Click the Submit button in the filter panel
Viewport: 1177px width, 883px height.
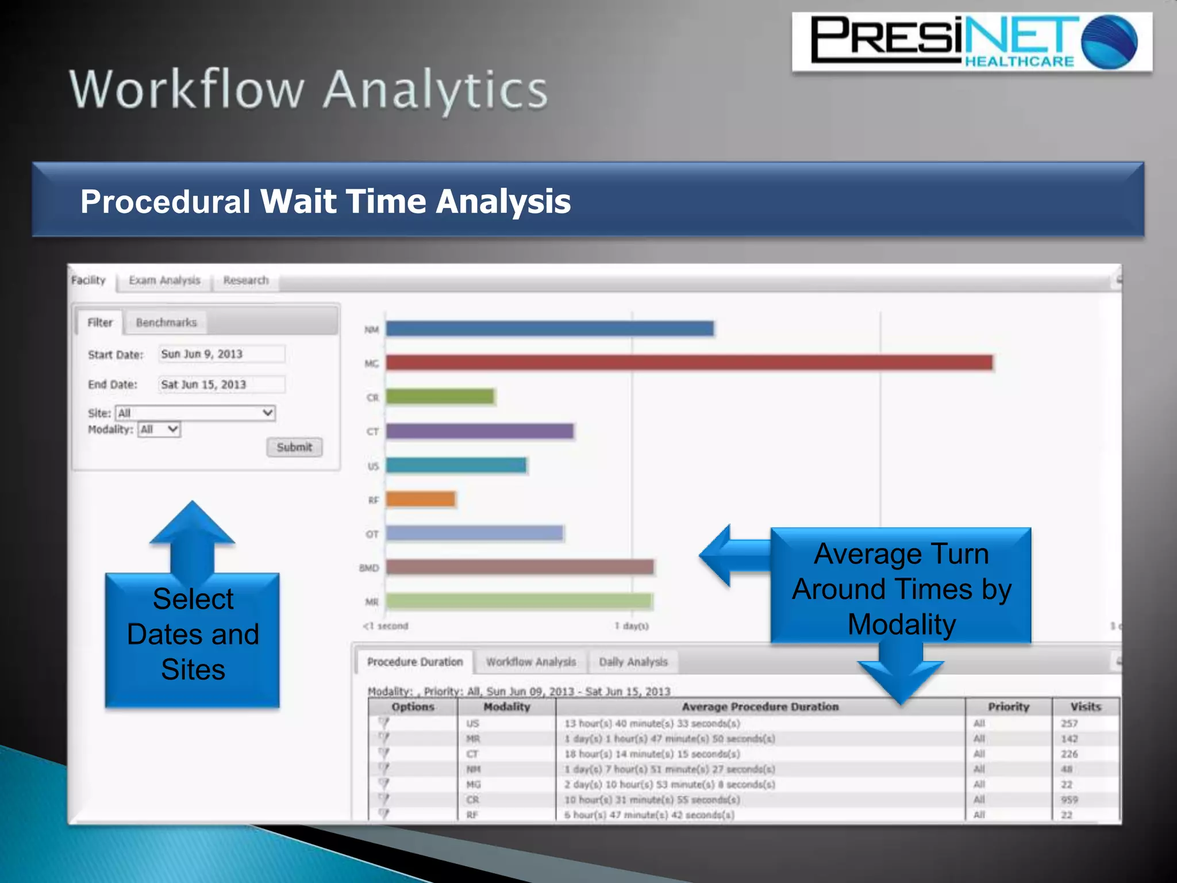click(x=294, y=447)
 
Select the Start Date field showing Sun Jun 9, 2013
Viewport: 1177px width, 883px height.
click(x=222, y=354)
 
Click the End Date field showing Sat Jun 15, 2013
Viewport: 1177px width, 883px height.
click(x=222, y=385)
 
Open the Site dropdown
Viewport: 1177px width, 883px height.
click(x=195, y=413)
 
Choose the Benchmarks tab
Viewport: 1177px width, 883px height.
click(x=166, y=323)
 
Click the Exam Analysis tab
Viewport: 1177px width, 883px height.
click(x=164, y=281)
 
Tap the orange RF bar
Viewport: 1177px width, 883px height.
click(x=421, y=500)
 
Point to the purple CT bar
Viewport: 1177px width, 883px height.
click(x=480, y=431)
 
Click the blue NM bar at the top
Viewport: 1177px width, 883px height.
click(x=549, y=329)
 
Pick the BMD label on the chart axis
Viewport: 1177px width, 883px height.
click(x=369, y=568)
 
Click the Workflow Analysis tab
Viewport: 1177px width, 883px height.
click(x=530, y=662)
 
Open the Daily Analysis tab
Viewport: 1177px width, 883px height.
click(x=633, y=662)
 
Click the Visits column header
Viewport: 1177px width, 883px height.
click(x=1085, y=707)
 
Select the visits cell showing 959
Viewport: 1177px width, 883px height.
click(x=1069, y=800)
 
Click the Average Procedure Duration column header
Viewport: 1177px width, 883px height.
click(x=760, y=707)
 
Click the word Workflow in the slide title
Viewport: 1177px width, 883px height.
click(x=187, y=90)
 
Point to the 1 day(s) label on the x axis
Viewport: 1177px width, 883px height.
click(x=632, y=626)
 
